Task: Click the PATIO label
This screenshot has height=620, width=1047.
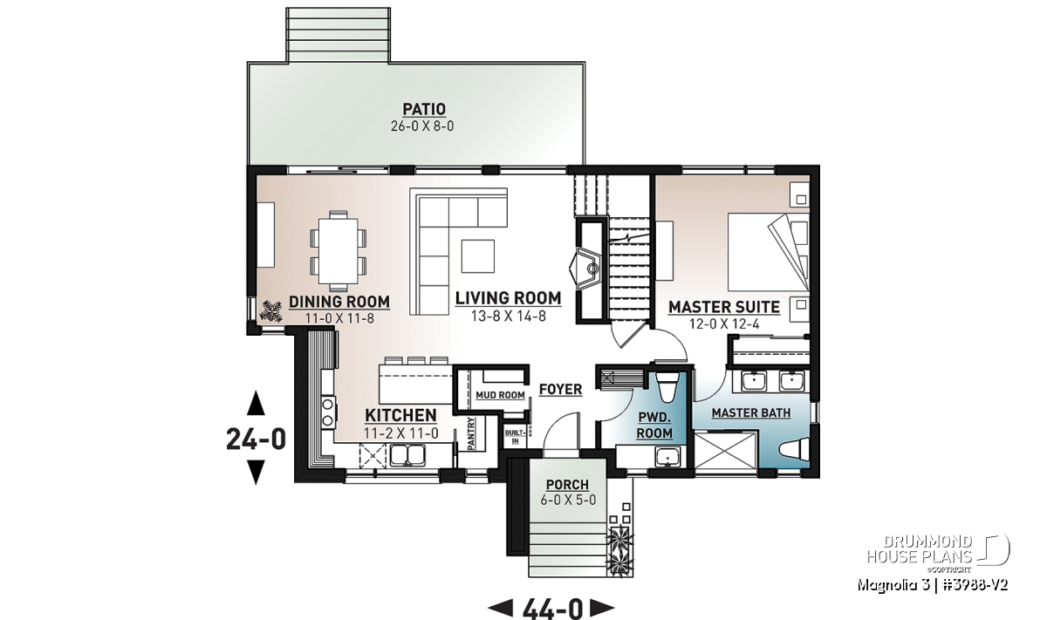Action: pos(424,109)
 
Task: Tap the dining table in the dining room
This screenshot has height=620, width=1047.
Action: pos(339,251)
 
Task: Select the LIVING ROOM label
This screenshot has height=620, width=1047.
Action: pos(508,298)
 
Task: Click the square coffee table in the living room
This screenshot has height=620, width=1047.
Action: pos(478,256)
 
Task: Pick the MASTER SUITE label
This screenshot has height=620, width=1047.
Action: pos(724,307)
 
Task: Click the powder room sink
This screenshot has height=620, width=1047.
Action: pos(668,456)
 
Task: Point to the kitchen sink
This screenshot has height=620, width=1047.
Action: pos(407,455)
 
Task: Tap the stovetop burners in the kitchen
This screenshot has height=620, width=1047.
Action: pos(328,411)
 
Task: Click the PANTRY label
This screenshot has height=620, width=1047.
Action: pos(470,433)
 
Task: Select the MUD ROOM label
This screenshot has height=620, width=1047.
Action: pos(500,395)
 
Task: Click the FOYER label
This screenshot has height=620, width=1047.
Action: pos(560,389)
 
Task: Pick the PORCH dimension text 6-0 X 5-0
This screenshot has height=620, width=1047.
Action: pos(568,500)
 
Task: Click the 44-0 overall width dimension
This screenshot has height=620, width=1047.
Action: pos(552,609)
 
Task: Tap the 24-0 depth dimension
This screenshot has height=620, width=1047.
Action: pos(257,439)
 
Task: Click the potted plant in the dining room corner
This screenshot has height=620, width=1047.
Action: pos(271,311)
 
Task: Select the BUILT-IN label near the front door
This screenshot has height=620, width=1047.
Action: pos(516,436)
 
